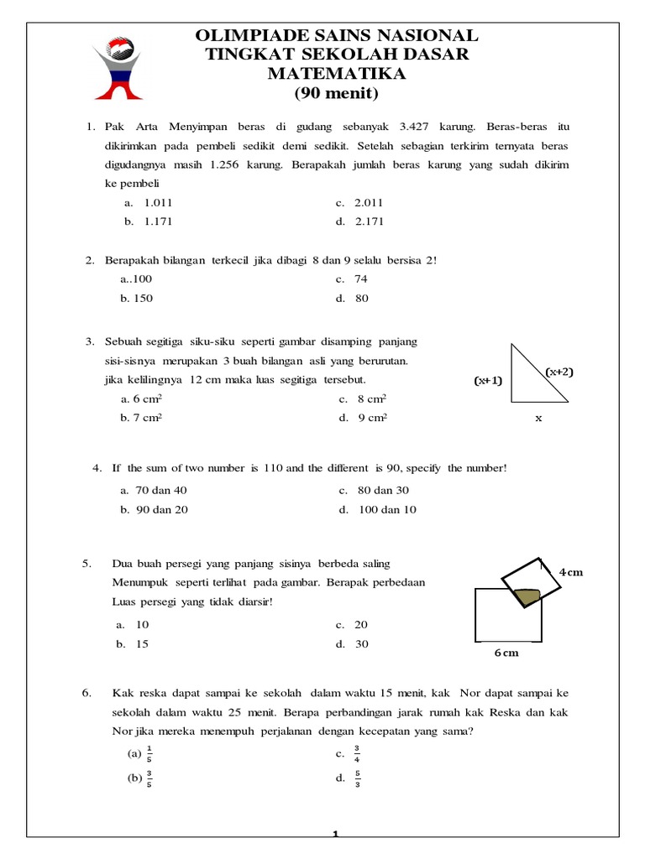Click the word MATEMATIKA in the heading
[x=336, y=74]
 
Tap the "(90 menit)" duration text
[x=336, y=93]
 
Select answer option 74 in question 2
[x=361, y=279]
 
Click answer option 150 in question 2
[x=140, y=299]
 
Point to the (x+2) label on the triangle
[x=558, y=372]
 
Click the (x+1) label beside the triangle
[x=487, y=381]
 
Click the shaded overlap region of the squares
[x=527, y=596]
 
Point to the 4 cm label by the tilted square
[x=570, y=572]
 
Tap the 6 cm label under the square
[x=506, y=653]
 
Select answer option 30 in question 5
[x=361, y=644]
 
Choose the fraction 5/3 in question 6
[x=357, y=778]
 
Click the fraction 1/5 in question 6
[x=149, y=752]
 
